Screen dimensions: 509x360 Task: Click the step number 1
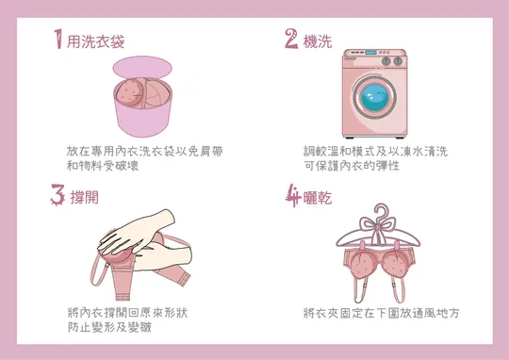pyautogui.click(x=58, y=39)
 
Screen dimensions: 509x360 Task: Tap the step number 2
pyautogui.click(x=291, y=39)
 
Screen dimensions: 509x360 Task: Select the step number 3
pyautogui.click(x=57, y=195)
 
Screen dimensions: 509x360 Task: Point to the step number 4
pyautogui.click(x=293, y=195)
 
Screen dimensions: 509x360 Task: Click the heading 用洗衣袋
pyautogui.click(x=95, y=41)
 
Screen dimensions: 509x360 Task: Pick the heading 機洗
pyautogui.click(x=318, y=41)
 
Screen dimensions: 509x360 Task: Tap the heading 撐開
pyautogui.click(x=85, y=197)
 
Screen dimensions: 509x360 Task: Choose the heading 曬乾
pyautogui.click(x=318, y=197)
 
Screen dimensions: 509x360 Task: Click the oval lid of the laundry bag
pyautogui.click(x=142, y=68)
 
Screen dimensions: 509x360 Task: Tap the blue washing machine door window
pyautogui.click(x=374, y=97)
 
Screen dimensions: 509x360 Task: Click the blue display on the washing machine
pyautogui.click(x=370, y=52)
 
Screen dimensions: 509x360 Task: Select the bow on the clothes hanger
pyautogui.click(x=378, y=226)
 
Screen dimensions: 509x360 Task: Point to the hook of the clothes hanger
pyautogui.click(x=381, y=210)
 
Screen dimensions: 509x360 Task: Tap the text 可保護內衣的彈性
pyautogui.click(x=352, y=166)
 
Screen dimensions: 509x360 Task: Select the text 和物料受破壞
pyautogui.click(x=103, y=166)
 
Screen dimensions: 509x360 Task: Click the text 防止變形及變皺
pyautogui.click(x=109, y=327)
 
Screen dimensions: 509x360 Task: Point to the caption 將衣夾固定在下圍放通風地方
pyautogui.click(x=382, y=313)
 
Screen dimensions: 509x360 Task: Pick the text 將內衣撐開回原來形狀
pyautogui.click(x=127, y=313)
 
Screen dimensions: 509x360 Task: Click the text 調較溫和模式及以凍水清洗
pyautogui.click(x=375, y=152)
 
